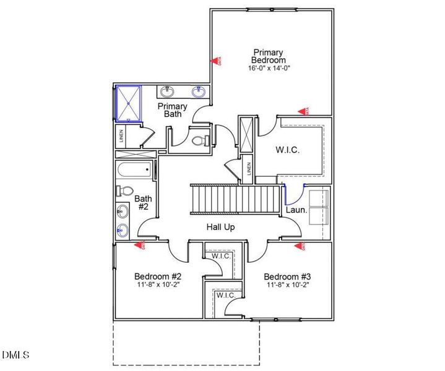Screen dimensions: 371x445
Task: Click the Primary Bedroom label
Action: [269, 56]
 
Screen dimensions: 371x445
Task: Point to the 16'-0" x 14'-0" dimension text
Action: [269, 68]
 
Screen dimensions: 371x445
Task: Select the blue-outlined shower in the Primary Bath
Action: [129, 103]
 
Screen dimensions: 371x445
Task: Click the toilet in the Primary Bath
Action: [199, 141]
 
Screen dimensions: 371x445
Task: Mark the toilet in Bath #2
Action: [124, 190]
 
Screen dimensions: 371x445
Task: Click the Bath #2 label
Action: [144, 203]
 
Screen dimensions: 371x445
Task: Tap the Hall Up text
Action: [220, 227]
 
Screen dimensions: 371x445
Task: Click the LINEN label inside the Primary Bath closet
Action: [121, 135]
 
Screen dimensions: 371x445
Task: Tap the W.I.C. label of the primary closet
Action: [287, 150]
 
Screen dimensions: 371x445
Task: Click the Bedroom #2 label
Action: [157, 276]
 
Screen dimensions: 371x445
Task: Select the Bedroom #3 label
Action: [287, 276]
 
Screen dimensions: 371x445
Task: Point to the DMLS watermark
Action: [15, 354]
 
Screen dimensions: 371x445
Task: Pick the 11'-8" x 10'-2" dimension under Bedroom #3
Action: [287, 285]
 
